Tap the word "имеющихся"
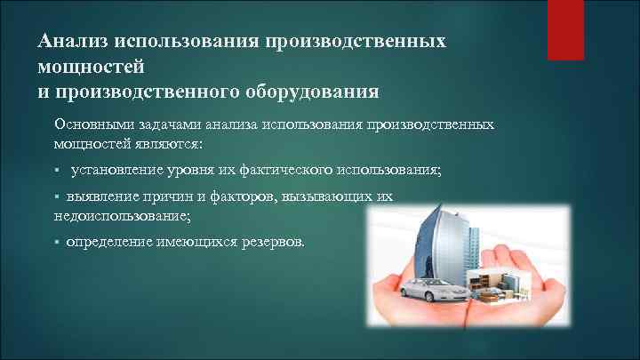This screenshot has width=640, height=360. click(198, 241)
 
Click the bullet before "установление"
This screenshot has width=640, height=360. click(56, 169)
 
